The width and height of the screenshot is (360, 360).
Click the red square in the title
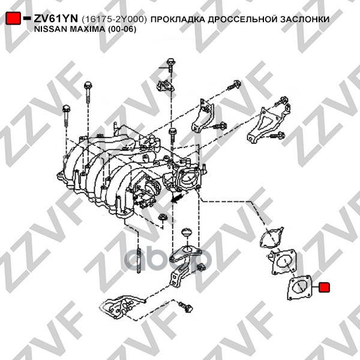(13, 18)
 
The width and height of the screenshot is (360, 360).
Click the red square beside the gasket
(324, 287)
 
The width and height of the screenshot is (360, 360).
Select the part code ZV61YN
(56, 19)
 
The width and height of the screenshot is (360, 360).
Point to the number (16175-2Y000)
(114, 19)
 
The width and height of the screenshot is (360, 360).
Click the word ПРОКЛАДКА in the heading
(178, 19)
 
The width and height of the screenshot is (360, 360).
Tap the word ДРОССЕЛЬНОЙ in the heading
(242, 19)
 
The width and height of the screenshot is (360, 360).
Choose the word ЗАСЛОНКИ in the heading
(305, 19)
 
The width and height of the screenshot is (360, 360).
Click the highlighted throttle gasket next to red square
(299, 287)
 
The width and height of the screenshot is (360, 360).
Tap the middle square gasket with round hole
(284, 262)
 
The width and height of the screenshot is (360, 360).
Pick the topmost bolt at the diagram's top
(170, 65)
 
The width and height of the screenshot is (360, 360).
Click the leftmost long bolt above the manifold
(66, 116)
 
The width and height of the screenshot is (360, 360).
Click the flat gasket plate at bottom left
(121, 307)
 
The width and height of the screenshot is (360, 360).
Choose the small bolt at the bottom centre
(186, 307)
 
